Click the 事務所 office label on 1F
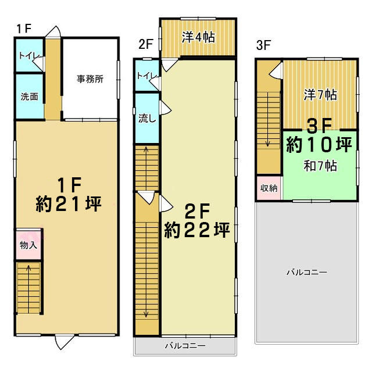(90, 79)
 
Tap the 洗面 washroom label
(30, 96)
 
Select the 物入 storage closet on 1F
(28, 245)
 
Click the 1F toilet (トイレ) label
(28, 56)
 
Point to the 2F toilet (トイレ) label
(147, 76)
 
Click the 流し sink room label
(147, 118)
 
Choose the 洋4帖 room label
(198, 37)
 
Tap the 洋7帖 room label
(320, 95)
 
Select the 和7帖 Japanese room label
(320, 166)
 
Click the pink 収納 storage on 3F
(269, 188)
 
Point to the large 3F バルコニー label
(307, 272)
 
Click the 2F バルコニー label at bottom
(185, 346)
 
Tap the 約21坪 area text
(69, 204)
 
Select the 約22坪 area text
(197, 230)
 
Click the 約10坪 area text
(319, 145)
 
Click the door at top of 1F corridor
(53, 31)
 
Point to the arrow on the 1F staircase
(28, 289)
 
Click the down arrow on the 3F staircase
(267, 119)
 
